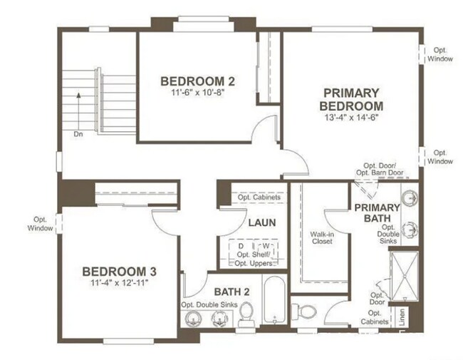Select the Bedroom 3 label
click(x=119, y=272)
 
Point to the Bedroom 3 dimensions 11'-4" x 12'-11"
click(x=119, y=284)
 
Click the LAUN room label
click(x=262, y=222)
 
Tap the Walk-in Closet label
click(x=322, y=237)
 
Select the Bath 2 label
click(x=231, y=291)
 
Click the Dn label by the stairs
click(x=77, y=133)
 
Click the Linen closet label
click(x=402, y=317)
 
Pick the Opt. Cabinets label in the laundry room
click(x=259, y=197)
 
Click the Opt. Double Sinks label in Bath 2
click(x=209, y=305)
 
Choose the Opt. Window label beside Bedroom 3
click(x=41, y=224)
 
